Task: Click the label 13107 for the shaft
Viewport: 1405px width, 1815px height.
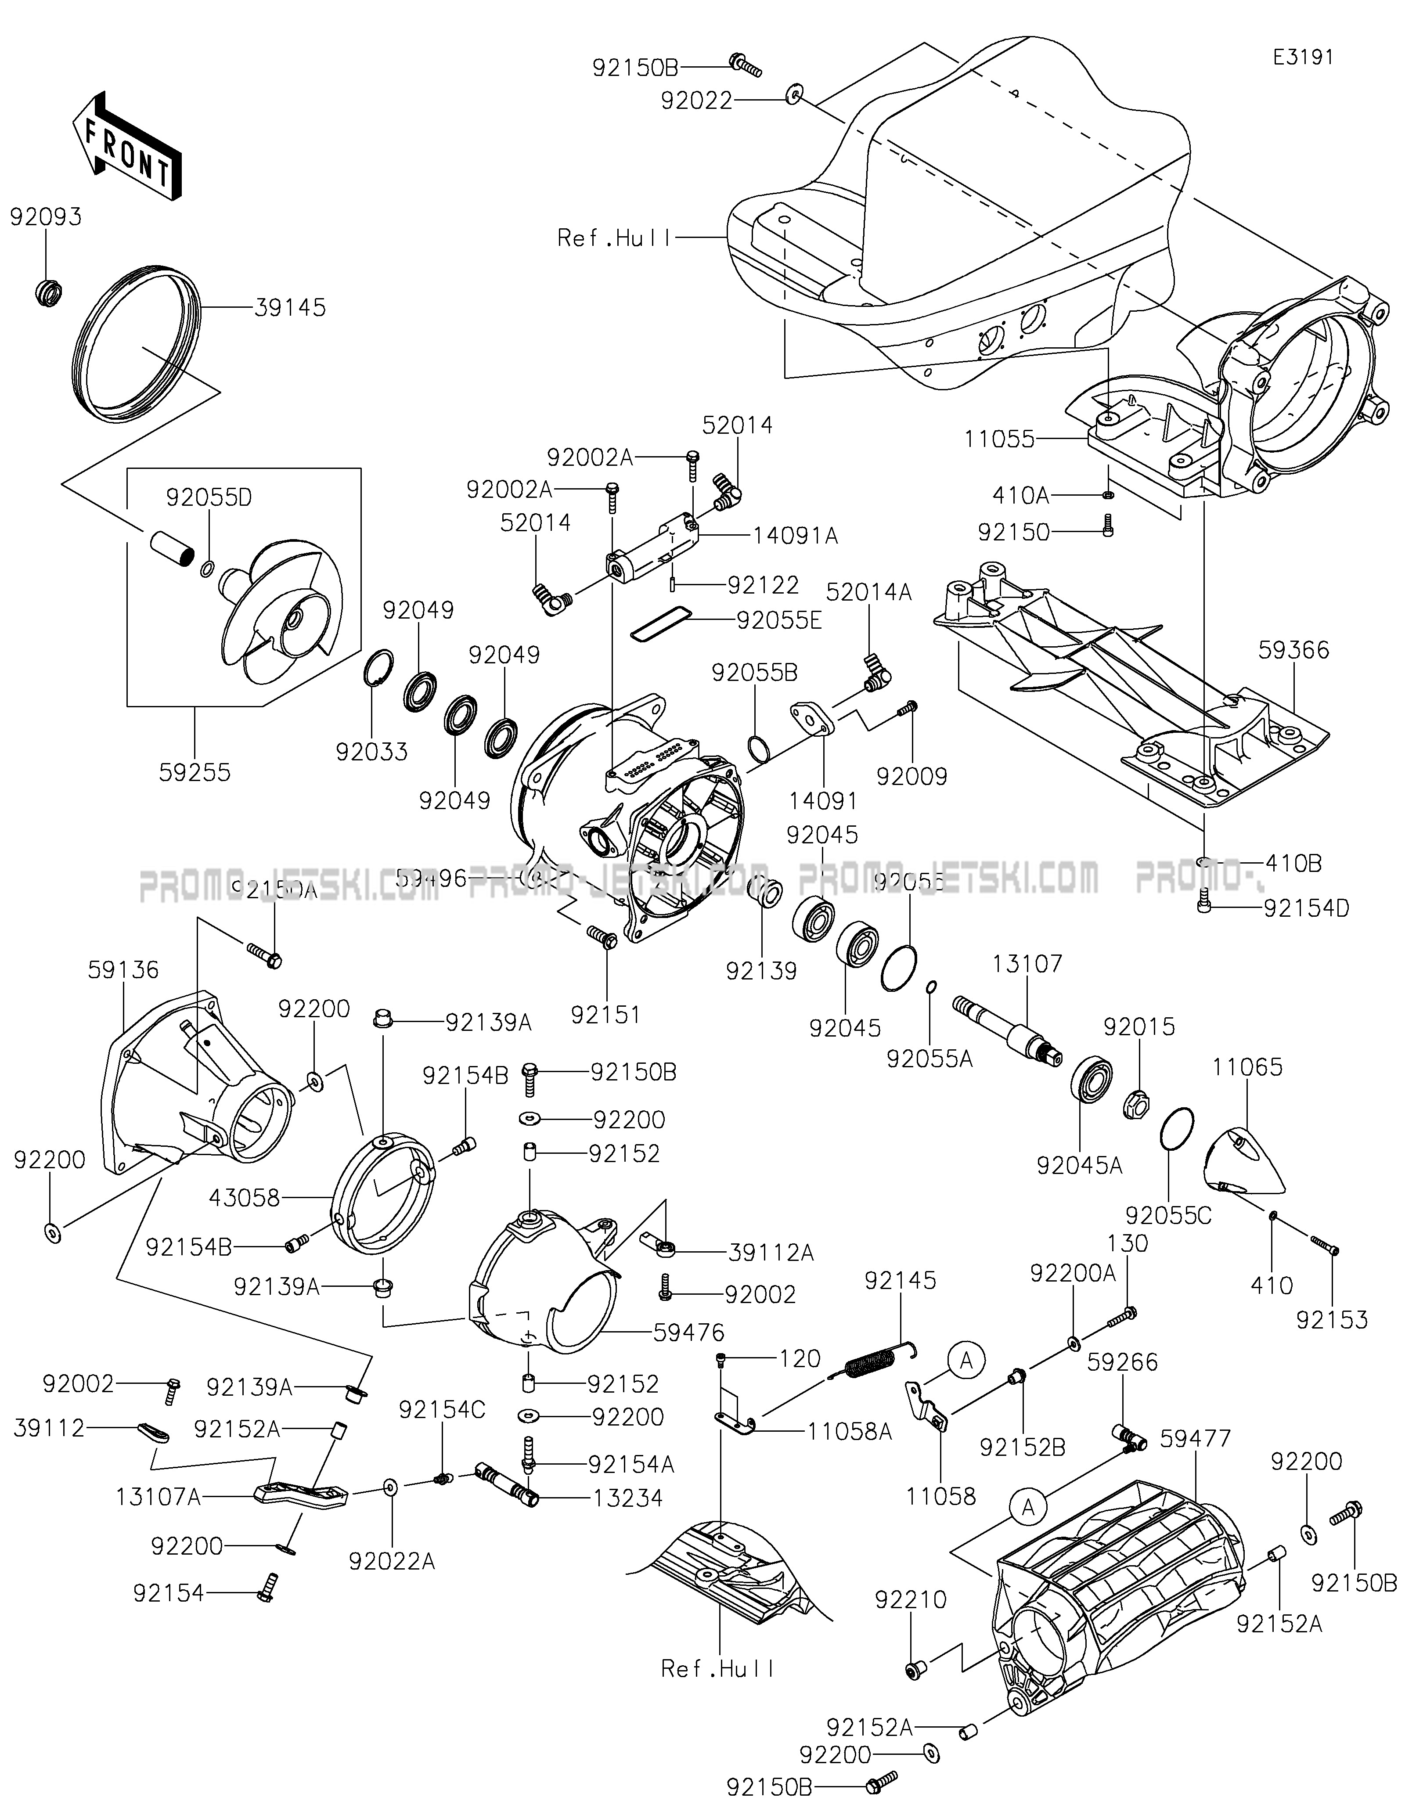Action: (1027, 964)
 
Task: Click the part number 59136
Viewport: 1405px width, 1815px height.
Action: (123, 970)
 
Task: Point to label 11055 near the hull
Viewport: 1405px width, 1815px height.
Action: (1000, 439)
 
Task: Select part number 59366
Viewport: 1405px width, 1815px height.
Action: (1293, 650)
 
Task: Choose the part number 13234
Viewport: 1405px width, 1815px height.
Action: (628, 1498)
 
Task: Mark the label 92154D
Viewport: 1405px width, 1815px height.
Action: (1306, 908)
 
